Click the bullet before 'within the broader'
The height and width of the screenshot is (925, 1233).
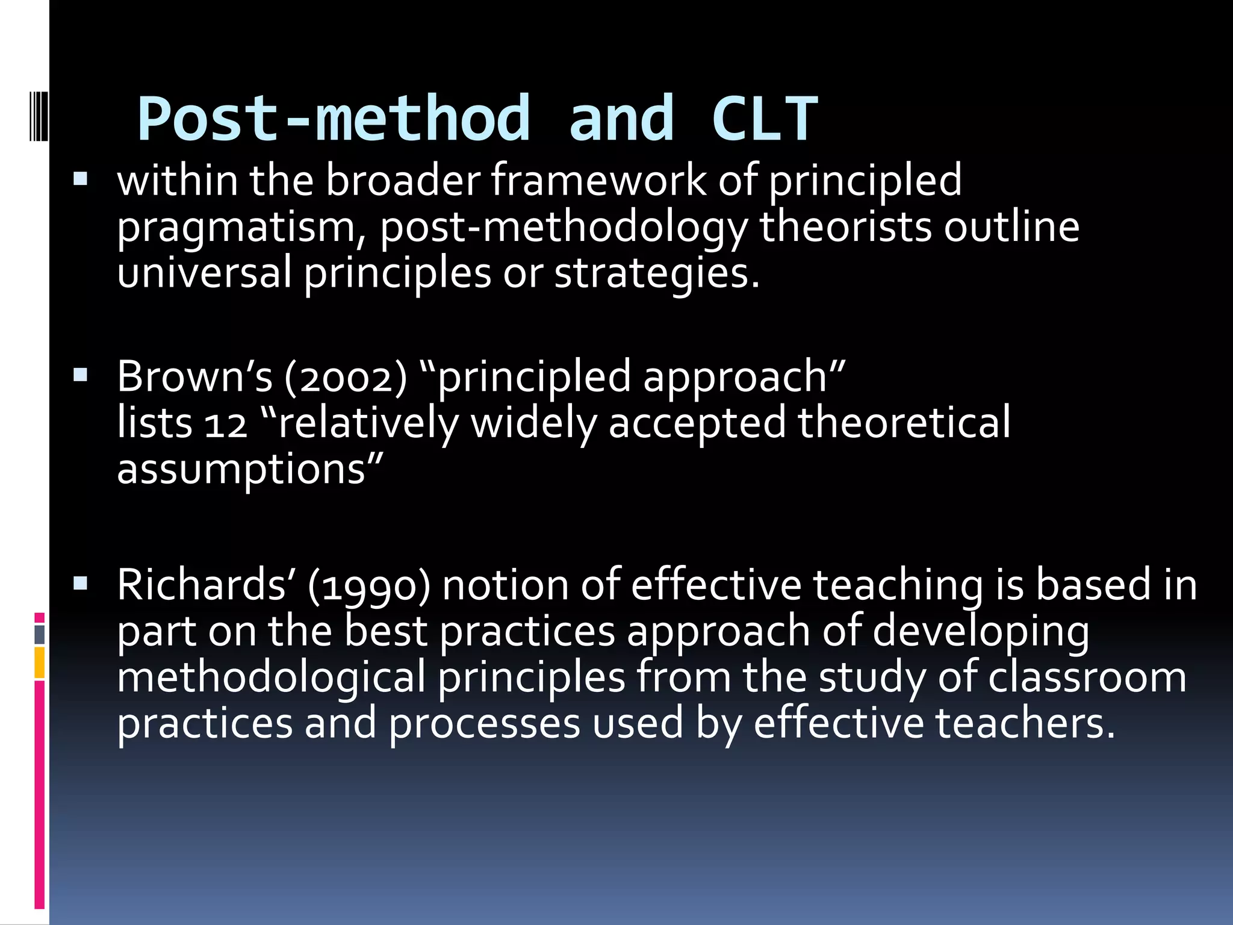point(80,179)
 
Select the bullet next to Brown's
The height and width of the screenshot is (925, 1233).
point(80,376)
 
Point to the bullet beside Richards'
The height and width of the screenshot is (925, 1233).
point(80,583)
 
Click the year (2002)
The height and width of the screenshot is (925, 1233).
point(346,377)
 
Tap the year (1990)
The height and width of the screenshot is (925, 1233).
point(368,585)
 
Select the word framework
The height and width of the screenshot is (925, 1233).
point(599,180)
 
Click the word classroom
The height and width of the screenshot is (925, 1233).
point(1087,677)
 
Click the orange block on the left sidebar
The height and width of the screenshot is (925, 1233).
point(39,662)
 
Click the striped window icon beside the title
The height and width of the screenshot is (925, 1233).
point(39,108)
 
